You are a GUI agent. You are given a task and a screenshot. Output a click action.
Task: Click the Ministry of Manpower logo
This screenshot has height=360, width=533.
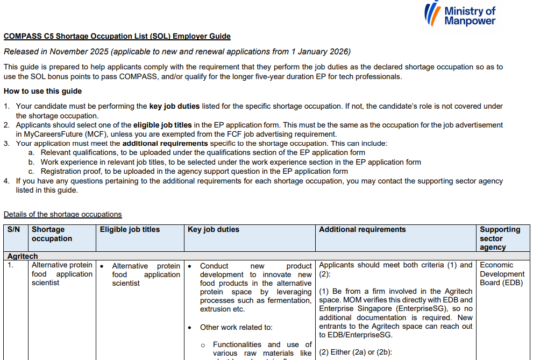coord(459,15)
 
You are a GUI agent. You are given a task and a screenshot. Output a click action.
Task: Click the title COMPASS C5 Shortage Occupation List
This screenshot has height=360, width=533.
coord(117,37)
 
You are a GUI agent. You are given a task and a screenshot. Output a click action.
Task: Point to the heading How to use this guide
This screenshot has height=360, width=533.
coord(42,91)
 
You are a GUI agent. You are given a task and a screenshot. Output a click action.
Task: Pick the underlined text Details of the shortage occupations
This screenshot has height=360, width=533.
coord(62,214)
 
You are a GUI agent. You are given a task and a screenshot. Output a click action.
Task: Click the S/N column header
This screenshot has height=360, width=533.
coord(13,230)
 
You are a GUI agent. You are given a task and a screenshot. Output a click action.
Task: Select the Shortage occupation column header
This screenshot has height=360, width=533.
coord(52,234)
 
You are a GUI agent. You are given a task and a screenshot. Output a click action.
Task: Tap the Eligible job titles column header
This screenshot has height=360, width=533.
coord(130,230)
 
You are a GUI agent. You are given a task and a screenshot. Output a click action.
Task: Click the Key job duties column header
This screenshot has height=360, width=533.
coord(213,230)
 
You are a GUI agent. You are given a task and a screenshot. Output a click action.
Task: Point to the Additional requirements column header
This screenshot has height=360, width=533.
coord(362,230)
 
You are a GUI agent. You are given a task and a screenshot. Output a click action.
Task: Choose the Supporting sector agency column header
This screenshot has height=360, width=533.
coord(500,238)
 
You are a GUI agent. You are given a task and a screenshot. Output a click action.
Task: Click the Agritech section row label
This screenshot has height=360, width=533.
coord(23,256)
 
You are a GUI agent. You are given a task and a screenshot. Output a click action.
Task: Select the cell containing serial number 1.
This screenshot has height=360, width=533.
coord(10,265)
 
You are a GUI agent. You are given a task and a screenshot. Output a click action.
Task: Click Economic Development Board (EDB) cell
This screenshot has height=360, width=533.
coord(501,274)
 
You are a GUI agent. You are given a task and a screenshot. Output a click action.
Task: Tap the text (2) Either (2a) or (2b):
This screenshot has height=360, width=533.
coord(356,352)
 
